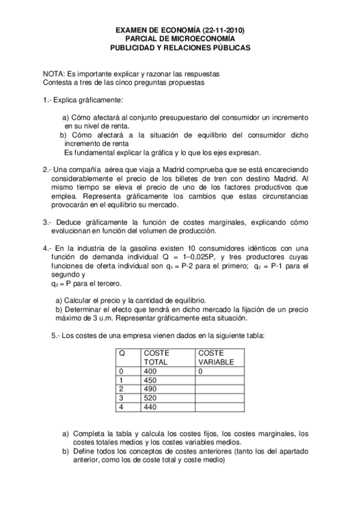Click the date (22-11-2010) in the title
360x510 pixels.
tap(222, 29)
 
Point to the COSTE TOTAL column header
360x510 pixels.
tap(156, 358)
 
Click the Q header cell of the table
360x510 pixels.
tap(122, 353)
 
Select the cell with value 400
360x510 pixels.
tap(150, 372)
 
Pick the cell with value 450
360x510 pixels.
tap(150, 380)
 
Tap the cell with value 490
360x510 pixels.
tap(150, 389)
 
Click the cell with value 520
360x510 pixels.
tap(150, 398)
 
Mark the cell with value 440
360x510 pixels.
tap(150, 407)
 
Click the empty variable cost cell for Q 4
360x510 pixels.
tap(219, 407)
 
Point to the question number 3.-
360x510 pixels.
tap(48, 223)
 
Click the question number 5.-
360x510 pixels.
tap(57, 336)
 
